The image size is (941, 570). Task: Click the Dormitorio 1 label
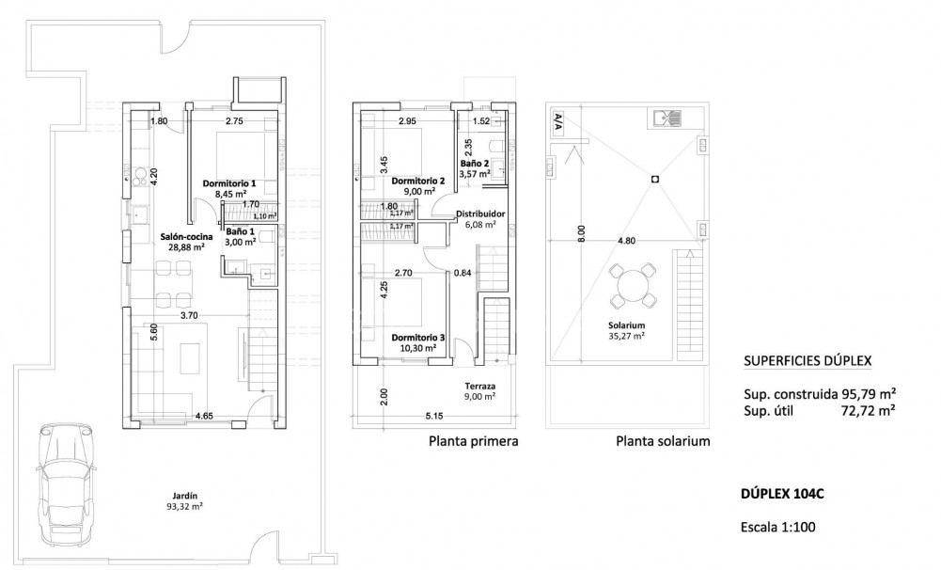(229, 183)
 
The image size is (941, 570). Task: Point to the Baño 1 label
(240, 230)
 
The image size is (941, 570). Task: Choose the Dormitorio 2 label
(418, 181)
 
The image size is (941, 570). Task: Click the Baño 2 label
(474, 162)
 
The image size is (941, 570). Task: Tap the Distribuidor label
(480, 214)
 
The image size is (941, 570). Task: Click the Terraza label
(479, 386)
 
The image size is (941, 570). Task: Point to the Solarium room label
(625, 325)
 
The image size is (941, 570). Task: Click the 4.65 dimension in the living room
(203, 414)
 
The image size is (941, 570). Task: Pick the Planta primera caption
(474, 440)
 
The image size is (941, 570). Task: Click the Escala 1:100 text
(778, 527)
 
